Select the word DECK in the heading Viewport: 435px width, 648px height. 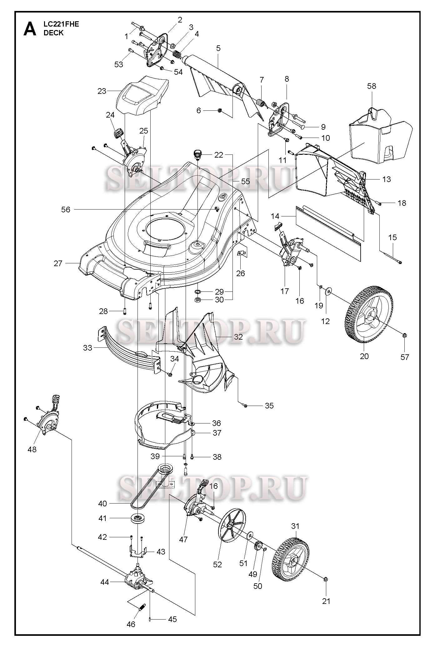click(54, 33)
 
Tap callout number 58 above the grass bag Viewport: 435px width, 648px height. click(372, 86)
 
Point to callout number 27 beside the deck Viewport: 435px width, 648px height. click(58, 263)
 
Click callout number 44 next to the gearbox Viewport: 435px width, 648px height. click(105, 582)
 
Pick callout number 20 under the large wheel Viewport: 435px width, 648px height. click(364, 356)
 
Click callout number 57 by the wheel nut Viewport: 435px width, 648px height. click(405, 357)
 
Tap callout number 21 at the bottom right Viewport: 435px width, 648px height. click(326, 601)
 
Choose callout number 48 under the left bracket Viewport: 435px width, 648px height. click(32, 449)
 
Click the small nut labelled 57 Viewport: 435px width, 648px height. click(403, 336)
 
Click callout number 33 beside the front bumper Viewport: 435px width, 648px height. click(88, 347)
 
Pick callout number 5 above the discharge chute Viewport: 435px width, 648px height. click(218, 48)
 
